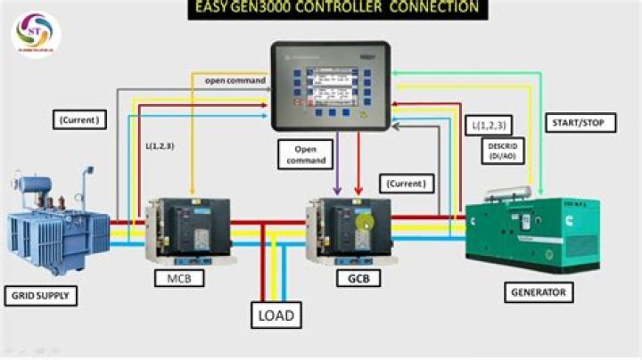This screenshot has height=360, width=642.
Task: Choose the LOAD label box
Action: tap(276, 315)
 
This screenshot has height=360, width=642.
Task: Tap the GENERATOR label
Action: tap(539, 291)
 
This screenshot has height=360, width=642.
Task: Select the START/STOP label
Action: tap(580, 123)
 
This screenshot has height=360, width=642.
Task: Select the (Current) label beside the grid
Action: tap(78, 119)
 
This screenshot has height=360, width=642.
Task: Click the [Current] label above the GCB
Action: tap(405, 184)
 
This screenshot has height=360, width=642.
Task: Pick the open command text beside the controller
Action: tap(235, 81)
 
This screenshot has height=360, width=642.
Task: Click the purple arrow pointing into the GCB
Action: tap(337, 169)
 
